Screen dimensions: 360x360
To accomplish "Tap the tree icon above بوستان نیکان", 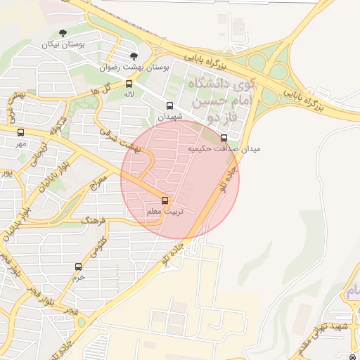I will coord(63,33).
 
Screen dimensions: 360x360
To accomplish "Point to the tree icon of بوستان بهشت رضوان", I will coord(134,56).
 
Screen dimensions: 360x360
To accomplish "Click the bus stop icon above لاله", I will coord(128,84).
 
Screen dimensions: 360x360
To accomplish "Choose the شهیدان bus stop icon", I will coord(169,106).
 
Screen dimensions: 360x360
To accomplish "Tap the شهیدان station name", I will coord(169,117).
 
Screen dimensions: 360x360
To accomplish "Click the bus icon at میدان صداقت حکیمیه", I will coord(224,138).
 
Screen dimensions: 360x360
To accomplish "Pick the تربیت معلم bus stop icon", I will coord(165,200).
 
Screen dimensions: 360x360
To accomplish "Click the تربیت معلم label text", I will coord(164,211).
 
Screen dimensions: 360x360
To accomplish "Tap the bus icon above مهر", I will coord(20,132).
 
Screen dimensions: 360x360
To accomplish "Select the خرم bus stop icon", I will coord(78,266).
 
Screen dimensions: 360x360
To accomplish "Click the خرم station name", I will coord(77,277).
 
